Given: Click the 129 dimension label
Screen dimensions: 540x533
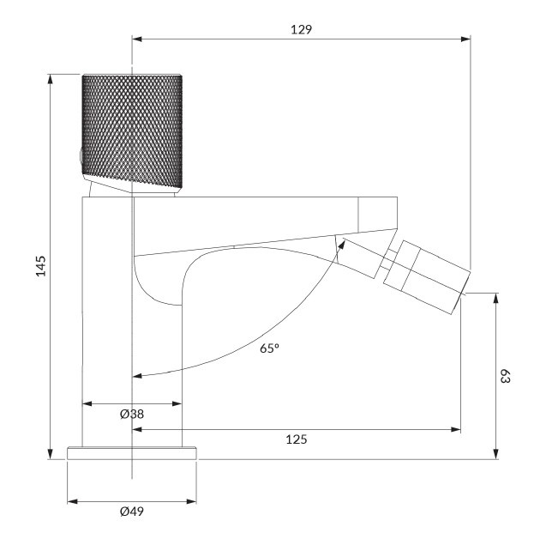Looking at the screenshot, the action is pyautogui.click(x=301, y=30).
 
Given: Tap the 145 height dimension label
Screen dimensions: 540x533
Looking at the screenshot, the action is pyautogui.click(x=41, y=266).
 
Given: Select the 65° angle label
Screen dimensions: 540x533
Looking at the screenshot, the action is pyautogui.click(x=269, y=348).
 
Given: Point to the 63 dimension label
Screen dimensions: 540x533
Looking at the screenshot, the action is pyautogui.click(x=505, y=376).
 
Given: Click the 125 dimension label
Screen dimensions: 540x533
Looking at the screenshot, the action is pyautogui.click(x=297, y=439).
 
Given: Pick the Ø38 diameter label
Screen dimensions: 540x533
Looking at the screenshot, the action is pyautogui.click(x=132, y=414).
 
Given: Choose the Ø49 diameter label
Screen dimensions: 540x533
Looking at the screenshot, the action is pyautogui.click(x=132, y=512).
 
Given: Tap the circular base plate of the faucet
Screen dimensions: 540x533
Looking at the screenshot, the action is pyautogui.click(x=132, y=453).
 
